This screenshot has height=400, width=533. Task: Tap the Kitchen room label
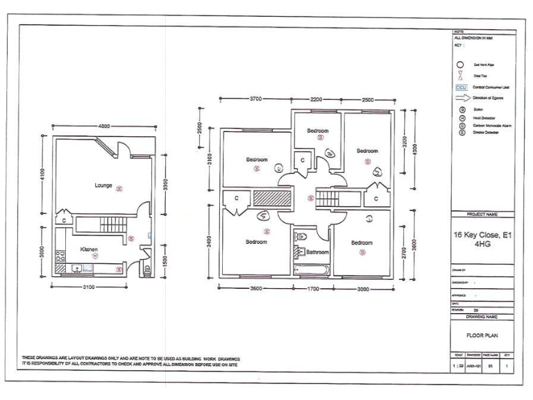click(89, 249)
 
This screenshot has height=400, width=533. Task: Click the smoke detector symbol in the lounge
click(119, 187)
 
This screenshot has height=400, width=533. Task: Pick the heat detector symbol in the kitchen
click(96, 256)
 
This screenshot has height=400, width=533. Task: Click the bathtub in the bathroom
click(310, 269)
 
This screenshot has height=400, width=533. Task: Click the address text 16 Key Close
click(483, 238)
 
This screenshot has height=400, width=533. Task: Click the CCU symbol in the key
click(461, 87)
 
